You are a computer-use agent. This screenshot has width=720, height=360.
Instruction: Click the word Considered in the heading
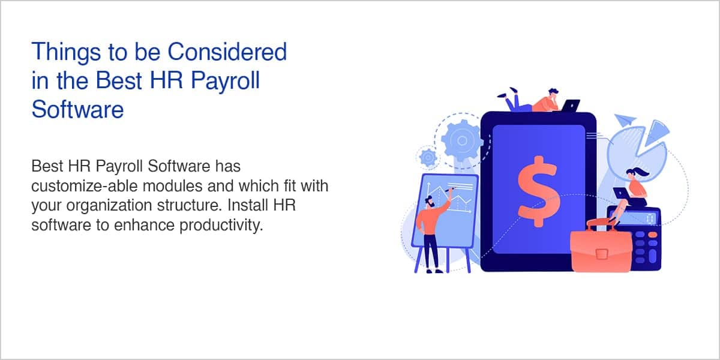(227, 52)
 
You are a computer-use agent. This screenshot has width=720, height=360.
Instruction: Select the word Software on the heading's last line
(77, 109)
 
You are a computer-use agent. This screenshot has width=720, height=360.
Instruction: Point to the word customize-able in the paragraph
(85, 186)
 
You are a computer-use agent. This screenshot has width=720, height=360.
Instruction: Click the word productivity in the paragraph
(221, 226)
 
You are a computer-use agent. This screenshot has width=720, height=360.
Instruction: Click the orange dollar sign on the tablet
(539, 191)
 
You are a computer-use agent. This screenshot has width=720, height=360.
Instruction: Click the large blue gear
(462, 140)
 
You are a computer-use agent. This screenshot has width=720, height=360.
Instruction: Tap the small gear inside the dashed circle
(428, 157)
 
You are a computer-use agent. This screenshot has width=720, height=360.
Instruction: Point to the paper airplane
(625, 120)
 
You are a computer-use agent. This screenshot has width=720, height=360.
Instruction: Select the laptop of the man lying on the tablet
(570, 106)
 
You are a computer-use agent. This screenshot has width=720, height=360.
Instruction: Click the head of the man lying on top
(553, 94)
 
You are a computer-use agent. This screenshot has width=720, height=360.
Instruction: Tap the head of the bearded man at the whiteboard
(430, 202)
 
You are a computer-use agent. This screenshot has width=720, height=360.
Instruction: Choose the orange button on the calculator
(653, 235)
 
